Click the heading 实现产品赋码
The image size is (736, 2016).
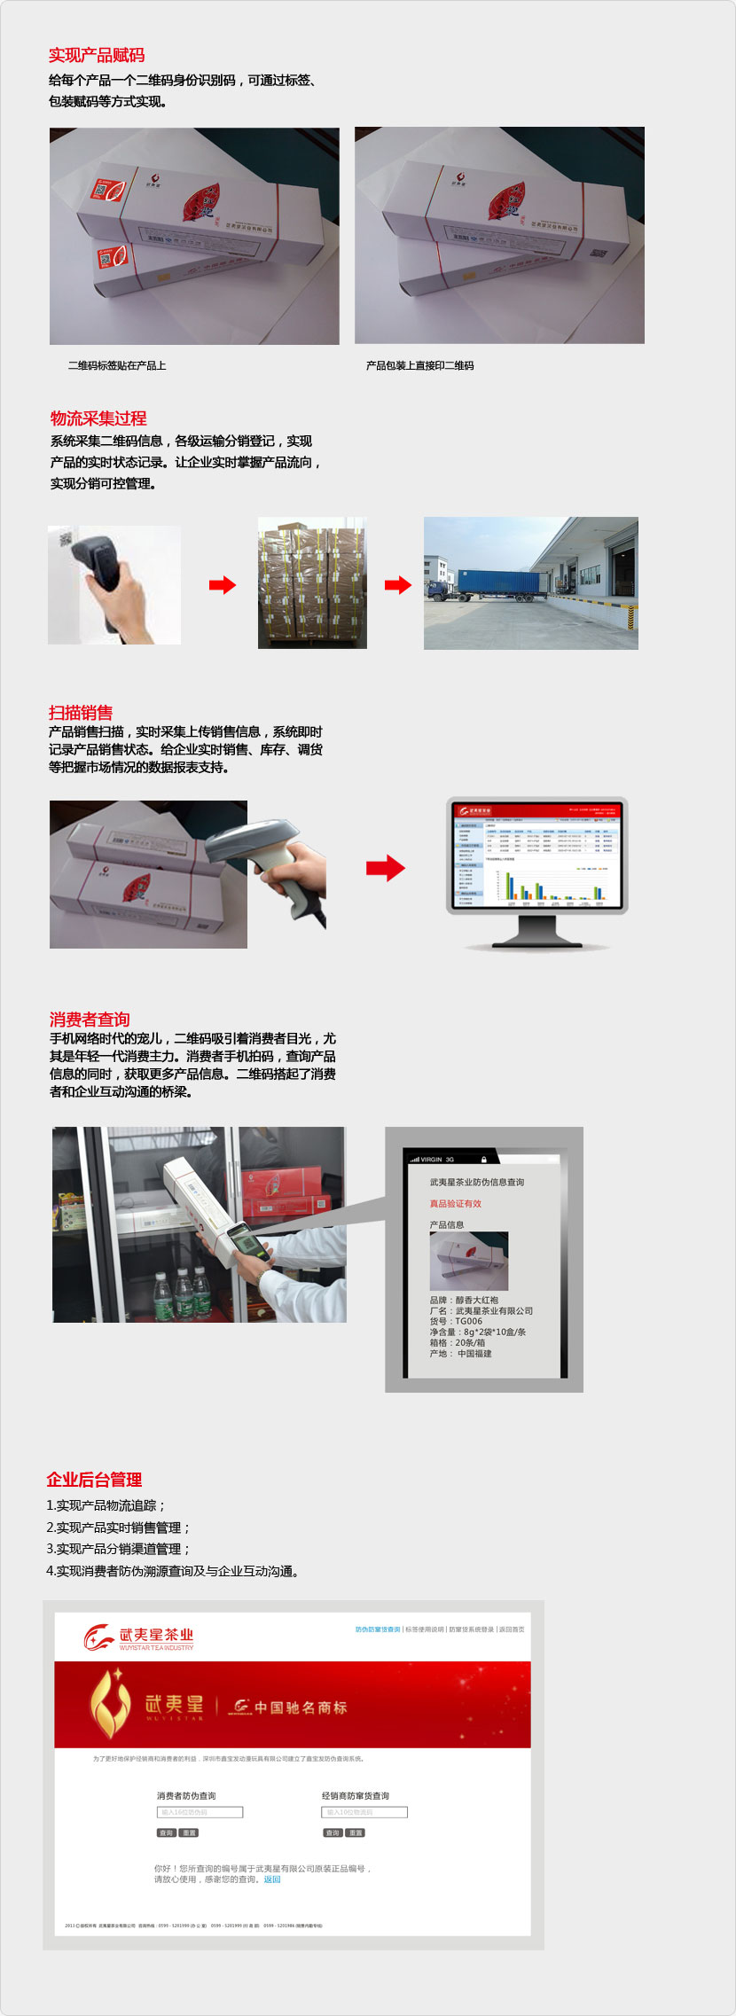coord(97,55)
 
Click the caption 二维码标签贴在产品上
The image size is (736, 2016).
coord(117,365)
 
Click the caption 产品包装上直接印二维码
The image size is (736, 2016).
coord(419,365)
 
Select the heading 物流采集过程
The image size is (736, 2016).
coord(98,418)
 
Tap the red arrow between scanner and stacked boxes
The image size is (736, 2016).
coord(223,585)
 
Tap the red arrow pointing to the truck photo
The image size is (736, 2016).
coord(398,585)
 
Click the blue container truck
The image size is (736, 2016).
coord(497,585)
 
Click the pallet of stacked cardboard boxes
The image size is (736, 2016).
coord(312,583)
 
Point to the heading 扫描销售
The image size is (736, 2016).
coord(81,713)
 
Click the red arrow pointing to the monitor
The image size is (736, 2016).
coord(385,868)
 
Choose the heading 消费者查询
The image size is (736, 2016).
coord(90,1020)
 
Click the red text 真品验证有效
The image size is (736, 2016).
coord(456,1204)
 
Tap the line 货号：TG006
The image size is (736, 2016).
coord(456,1321)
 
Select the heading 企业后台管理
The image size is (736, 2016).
coord(94,1480)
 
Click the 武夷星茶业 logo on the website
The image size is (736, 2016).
coord(139,1637)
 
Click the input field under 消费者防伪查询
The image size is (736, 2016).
coord(200,1812)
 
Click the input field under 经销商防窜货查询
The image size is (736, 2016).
coord(364,1812)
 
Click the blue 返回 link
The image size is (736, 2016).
coord(272,1879)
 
